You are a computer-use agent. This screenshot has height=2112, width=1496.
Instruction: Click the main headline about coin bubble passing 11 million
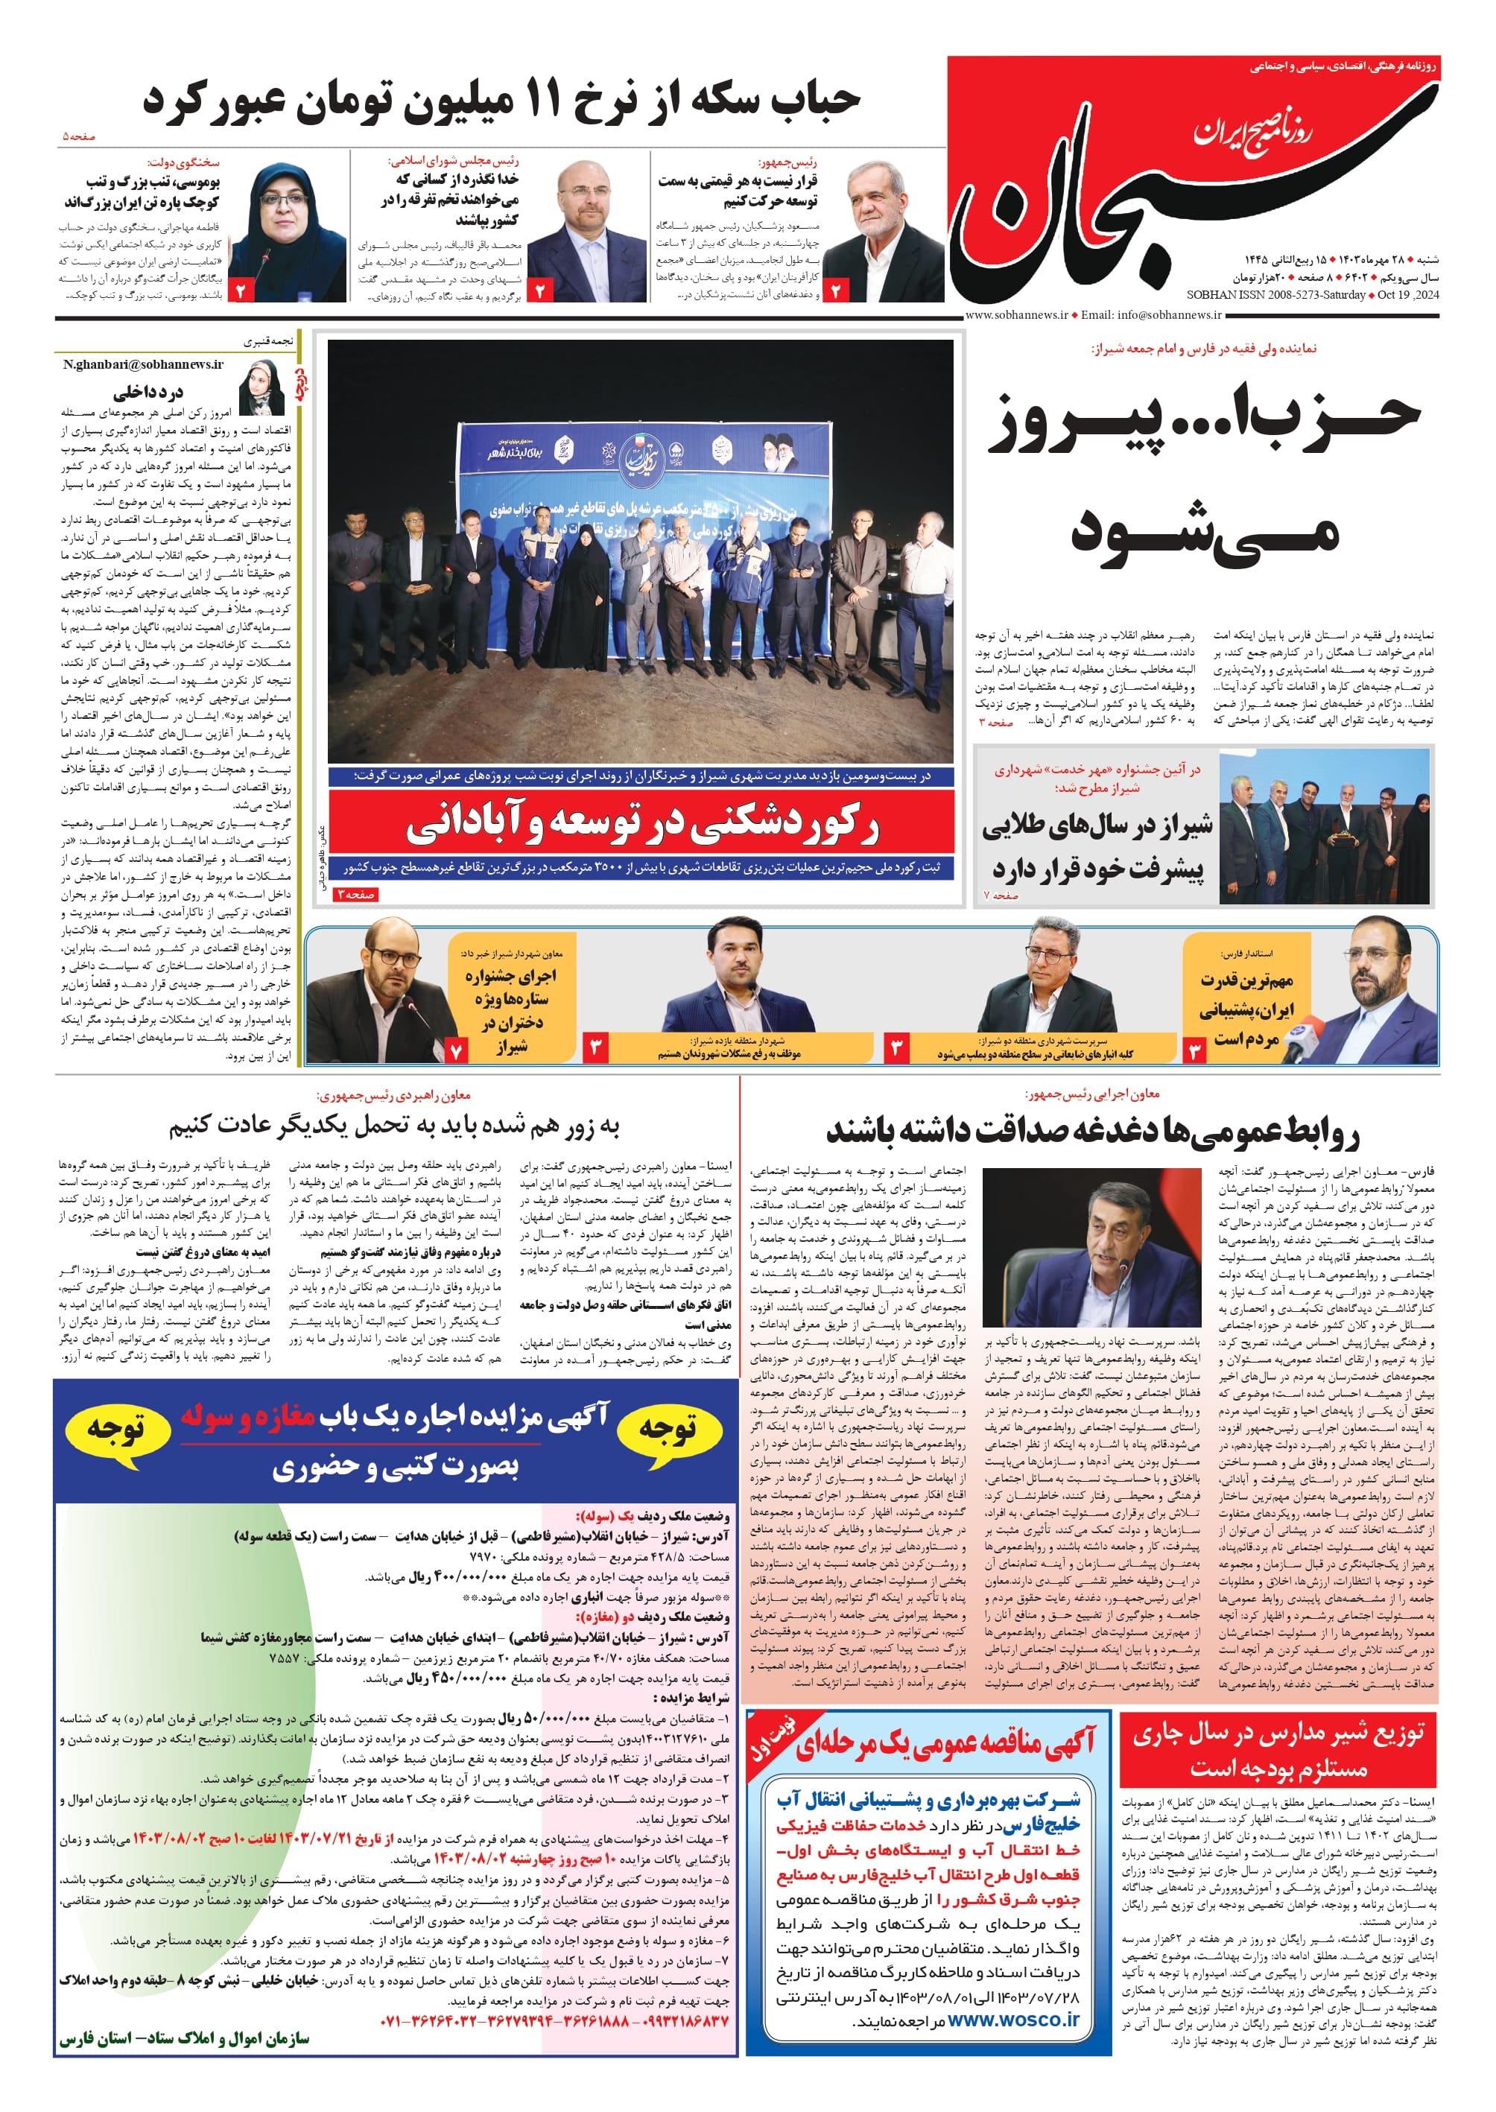tap(502, 100)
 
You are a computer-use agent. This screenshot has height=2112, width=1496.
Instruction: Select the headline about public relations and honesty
tap(1092, 1132)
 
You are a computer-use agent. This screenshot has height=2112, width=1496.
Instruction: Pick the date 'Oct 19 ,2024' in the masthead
tap(1407, 295)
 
